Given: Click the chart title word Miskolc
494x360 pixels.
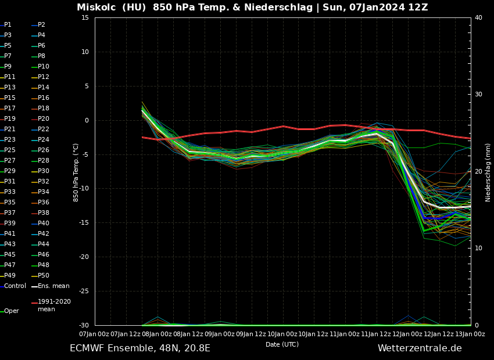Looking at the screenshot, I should tap(96, 8).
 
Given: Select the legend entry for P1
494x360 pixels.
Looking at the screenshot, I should tap(8, 25).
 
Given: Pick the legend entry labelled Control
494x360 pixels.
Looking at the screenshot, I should tap(15, 286).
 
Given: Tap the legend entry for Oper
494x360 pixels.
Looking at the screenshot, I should tap(11, 311).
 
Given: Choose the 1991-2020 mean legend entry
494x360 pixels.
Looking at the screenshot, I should tap(54, 305).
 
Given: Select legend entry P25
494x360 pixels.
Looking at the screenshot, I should tap(10, 150).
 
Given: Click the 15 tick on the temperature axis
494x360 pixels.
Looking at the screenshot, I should tap(85, 18).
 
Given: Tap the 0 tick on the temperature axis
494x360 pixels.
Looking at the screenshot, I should tap(86, 121).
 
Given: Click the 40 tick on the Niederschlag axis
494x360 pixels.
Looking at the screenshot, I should tap(478, 18).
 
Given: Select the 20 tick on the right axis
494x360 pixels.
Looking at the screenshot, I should tap(478, 172).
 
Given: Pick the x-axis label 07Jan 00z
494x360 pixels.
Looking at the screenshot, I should tap(95, 334).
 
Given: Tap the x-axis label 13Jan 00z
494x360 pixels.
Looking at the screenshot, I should tap(471, 334).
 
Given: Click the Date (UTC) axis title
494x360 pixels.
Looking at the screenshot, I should tap(282, 345).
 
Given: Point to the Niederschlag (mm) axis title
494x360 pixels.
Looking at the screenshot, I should tap(488, 172).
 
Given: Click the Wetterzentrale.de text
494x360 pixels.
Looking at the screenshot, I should tap(420, 348).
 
